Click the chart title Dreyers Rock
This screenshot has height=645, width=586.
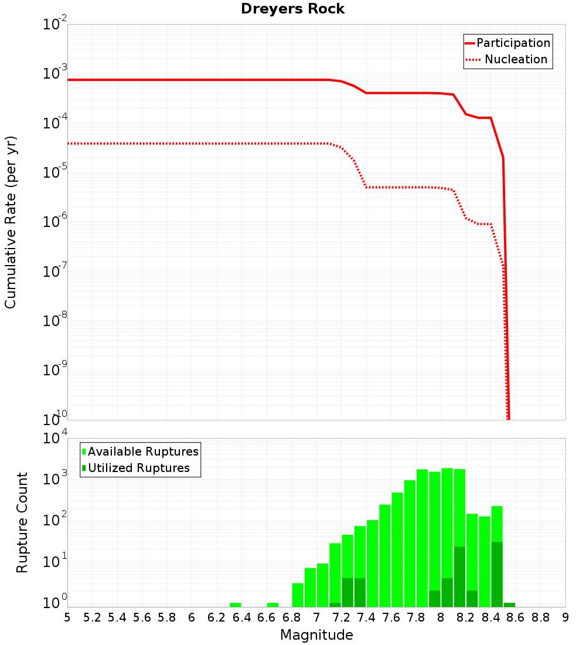(x=292, y=9)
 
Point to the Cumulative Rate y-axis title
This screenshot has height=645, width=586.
(x=11, y=222)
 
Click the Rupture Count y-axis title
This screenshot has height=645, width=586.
(x=22, y=522)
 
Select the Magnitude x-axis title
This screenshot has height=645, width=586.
(x=316, y=635)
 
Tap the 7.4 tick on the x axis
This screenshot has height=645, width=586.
(x=366, y=617)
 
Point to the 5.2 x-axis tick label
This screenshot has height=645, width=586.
(x=93, y=617)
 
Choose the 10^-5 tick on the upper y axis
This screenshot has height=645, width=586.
(x=55, y=172)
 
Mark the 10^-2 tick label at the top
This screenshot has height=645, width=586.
(x=55, y=25)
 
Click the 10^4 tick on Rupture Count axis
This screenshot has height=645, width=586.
(x=55, y=439)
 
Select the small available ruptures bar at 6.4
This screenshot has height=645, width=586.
(x=236, y=605)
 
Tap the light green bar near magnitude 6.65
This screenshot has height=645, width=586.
(x=273, y=605)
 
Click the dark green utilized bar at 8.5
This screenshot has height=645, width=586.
(x=497, y=575)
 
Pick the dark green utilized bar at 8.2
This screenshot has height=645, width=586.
(x=459, y=577)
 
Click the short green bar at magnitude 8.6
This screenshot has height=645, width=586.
(x=509, y=605)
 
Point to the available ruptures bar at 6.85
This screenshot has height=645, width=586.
(x=298, y=595)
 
